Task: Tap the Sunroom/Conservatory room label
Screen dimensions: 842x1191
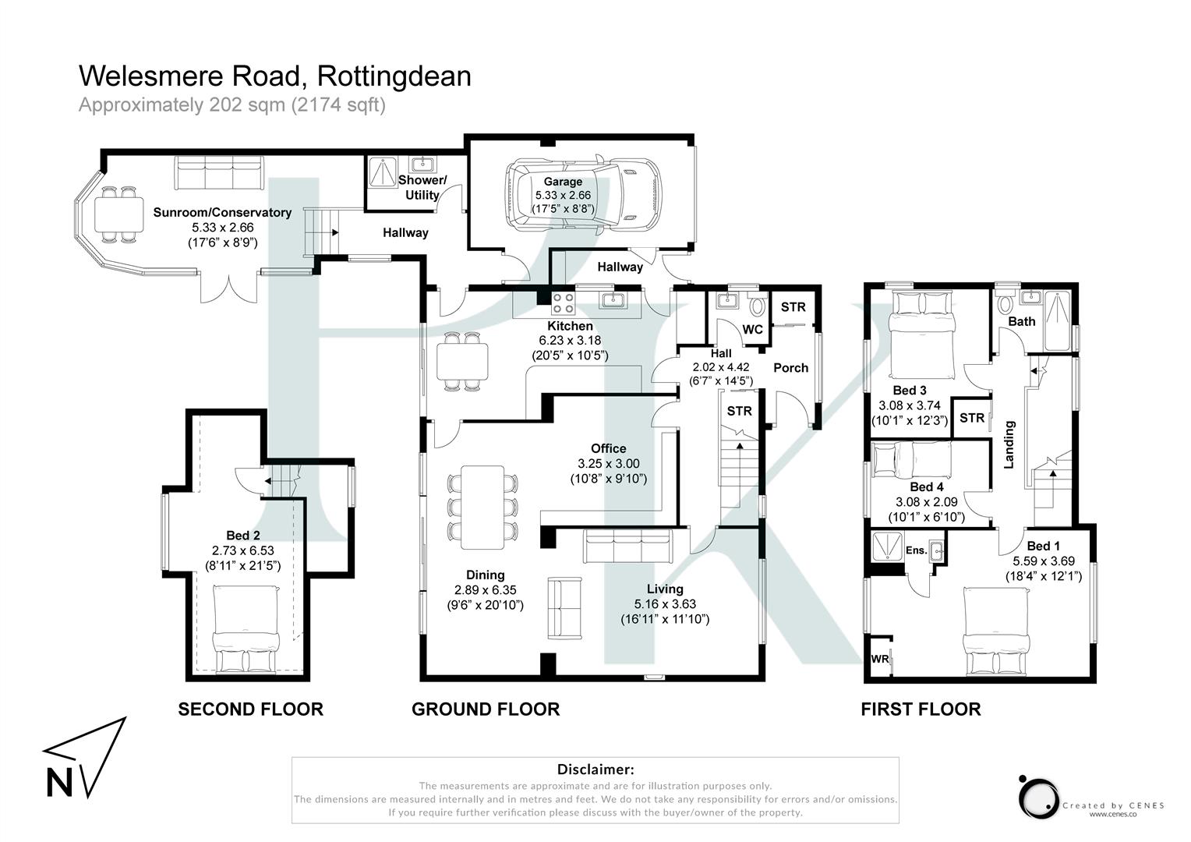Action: point(222,212)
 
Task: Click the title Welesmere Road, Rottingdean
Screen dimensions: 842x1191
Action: point(275,76)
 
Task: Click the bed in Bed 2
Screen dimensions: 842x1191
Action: point(246,630)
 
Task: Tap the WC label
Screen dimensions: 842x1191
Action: point(752,329)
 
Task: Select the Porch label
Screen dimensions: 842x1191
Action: point(790,367)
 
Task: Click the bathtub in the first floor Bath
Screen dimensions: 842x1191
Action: point(1058,320)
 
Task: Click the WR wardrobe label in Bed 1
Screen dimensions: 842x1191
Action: point(879,659)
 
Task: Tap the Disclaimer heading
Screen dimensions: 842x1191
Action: point(595,769)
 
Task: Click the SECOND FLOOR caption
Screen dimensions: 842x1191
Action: point(250,709)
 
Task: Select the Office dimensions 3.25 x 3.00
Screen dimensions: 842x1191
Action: point(608,463)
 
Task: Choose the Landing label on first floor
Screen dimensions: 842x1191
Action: point(1009,444)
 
